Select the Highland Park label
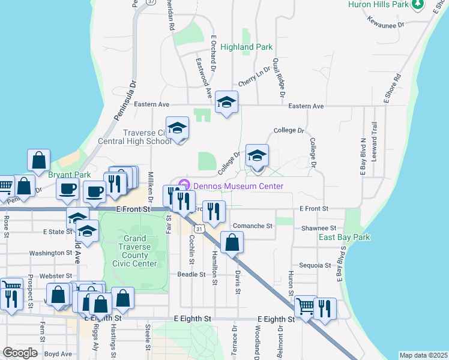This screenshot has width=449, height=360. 246,47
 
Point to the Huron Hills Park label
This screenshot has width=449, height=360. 378,5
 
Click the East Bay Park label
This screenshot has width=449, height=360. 344,237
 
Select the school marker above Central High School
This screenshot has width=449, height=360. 177,128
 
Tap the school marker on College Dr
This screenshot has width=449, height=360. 257,155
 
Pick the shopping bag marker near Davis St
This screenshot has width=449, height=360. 232,243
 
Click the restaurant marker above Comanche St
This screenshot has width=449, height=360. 214,211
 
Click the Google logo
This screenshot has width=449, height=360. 20,353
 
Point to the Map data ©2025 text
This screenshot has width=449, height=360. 423,355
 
